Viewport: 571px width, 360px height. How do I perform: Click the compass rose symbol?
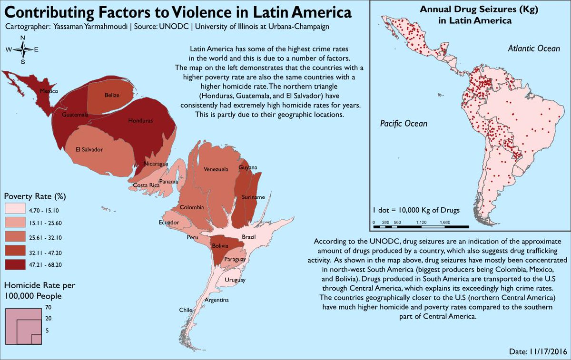(x=22, y=49)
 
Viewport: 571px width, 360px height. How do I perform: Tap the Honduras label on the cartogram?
(x=140, y=121)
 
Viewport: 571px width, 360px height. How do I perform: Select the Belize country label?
(x=112, y=95)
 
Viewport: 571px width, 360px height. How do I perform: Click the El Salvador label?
(x=89, y=149)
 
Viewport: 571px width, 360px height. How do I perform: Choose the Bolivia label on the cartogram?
(x=220, y=246)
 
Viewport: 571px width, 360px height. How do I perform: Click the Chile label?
(x=185, y=310)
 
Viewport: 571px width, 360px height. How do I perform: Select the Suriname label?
(x=254, y=197)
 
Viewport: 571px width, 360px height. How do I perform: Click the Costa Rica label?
(x=146, y=185)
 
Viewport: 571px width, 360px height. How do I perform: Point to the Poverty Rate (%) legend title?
(x=34, y=196)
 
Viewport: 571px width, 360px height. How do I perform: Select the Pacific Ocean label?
(x=404, y=124)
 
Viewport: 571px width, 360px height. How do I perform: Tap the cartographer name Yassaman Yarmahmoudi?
(x=87, y=27)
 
